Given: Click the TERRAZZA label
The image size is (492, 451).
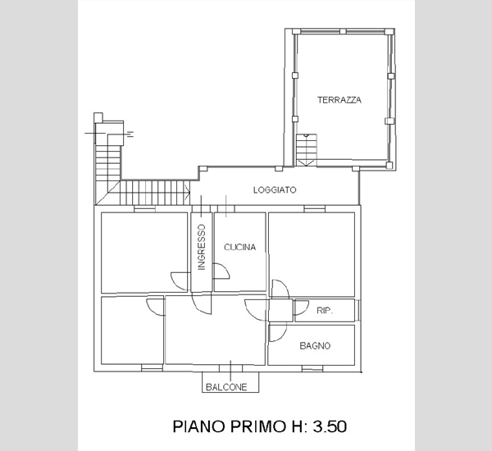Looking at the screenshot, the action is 339,100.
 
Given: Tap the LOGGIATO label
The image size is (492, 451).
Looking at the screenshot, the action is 275,190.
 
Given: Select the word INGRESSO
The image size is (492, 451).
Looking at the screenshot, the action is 202,247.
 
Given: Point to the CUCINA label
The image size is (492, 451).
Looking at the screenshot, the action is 240,248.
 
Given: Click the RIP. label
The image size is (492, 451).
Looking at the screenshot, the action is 325,311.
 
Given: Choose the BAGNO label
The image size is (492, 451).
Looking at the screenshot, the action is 315,346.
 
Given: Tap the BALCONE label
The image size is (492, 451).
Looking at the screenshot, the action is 226,387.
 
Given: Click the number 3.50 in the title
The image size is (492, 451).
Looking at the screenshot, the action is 330,426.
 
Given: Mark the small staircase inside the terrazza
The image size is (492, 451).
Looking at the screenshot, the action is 306,150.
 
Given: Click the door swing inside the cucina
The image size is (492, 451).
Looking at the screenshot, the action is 221,271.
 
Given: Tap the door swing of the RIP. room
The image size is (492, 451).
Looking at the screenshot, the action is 301,307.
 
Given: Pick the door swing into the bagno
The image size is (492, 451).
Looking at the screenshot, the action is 278,332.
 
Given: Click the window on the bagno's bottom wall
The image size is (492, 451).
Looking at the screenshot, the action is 312,368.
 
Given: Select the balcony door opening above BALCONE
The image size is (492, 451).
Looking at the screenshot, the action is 230,368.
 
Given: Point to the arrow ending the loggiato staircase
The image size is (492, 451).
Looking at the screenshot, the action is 188,191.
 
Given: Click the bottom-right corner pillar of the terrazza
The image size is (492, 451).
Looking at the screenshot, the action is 389,165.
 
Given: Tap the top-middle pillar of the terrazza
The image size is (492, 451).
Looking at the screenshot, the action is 343,31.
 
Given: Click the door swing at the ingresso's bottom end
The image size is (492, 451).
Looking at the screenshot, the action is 202,303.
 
